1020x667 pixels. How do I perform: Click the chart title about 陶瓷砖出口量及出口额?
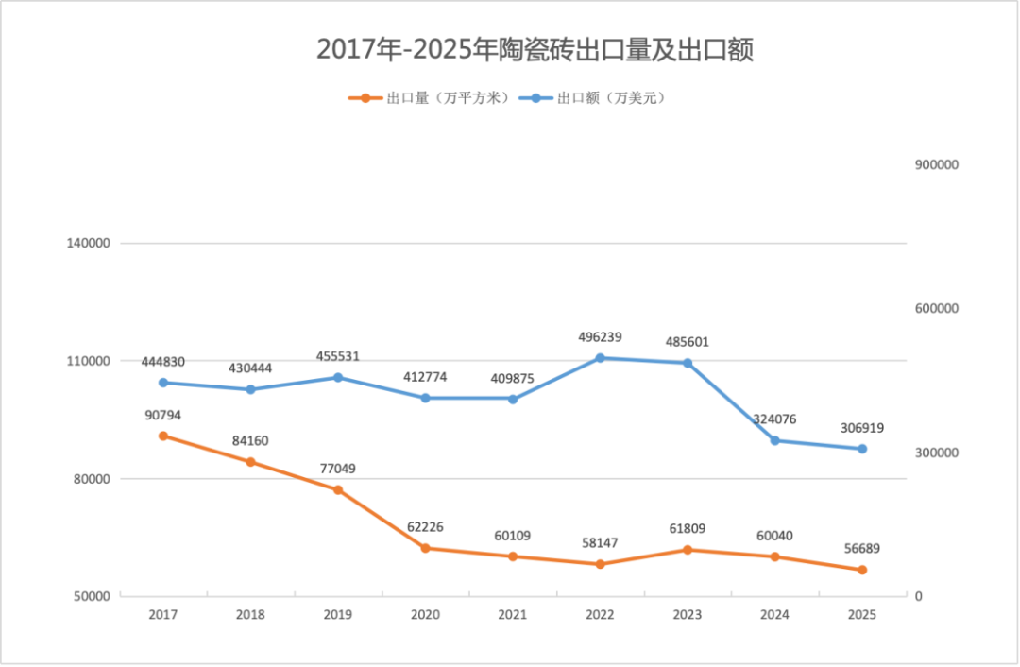pyautogui.click(x=535, y=50)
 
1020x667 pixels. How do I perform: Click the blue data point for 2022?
pyautogui.click(x=600, y=358)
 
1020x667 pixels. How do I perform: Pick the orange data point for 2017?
pyautogui.click(x=163, y=436)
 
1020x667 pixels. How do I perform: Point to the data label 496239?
pyautogui.click(x=600, y=337)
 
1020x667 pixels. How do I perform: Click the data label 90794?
pyautogui.click(x=163, y=415)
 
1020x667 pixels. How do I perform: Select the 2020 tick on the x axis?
pyautogui.click(x=425, y=615)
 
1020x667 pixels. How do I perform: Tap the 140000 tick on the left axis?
pyautogui.click(x=89, y=243)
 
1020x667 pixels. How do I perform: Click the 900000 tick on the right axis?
pyautogui.click(x=937, y=164)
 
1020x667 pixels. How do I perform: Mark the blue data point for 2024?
pyautogui.click(x=774, y=440)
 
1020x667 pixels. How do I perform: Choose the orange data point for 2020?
pyautogui.click(x=425, y=548)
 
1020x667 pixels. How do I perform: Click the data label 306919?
pyautogui.click(x=862, y=428)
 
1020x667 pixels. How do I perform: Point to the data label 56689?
pyautogui.click(x=862, y=549)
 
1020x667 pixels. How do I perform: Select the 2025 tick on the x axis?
pyautogui.click(x=862, y=615)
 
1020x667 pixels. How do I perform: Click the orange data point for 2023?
pyautogui.click(x=688, y=550)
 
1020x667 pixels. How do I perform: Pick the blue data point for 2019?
pyautogui.click(x=338, y=377)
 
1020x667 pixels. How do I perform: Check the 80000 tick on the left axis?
pyautogui.click(x=93, y=479)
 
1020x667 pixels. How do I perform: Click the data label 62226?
pyautogui.click(x=425, y=527)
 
